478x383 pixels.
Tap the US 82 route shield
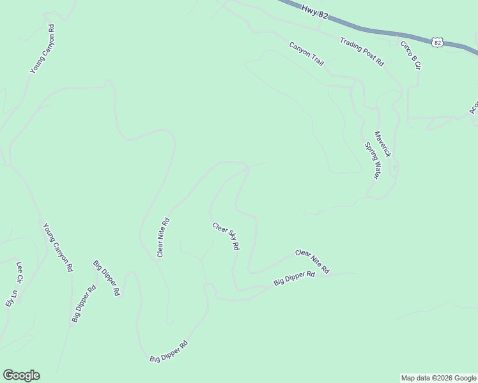[437, 42]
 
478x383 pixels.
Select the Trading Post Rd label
[362, 52]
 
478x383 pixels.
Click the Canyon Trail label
[307, 55]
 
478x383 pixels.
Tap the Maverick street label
[382, 144]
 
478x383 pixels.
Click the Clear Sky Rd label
[226, 236]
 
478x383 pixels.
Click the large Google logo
[21, 375]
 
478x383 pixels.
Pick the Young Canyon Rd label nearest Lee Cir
[58, 248]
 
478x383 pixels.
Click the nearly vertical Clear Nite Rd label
[164, 237]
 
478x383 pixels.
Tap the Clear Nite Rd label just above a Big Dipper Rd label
[312, 262]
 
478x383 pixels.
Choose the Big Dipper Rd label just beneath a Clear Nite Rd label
[295, 279]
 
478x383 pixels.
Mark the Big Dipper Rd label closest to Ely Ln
[84, 303]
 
